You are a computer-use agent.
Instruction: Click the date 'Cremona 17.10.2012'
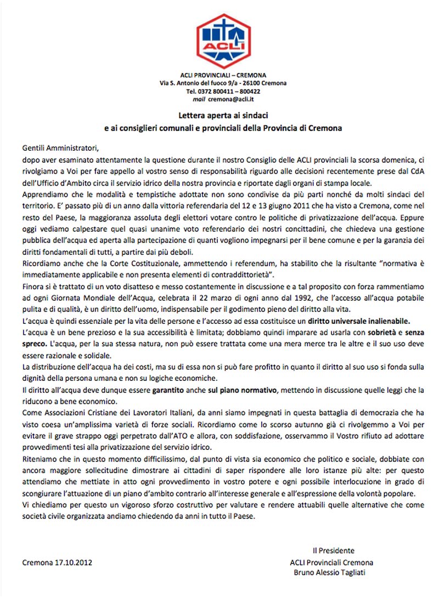click(x=57, y=562)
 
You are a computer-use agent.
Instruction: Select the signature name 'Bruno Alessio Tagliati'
click(x=333, y=573)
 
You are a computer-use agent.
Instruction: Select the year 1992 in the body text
click(x=265, y=296)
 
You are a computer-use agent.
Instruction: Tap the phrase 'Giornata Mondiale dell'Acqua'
click(x=90, y=296)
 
